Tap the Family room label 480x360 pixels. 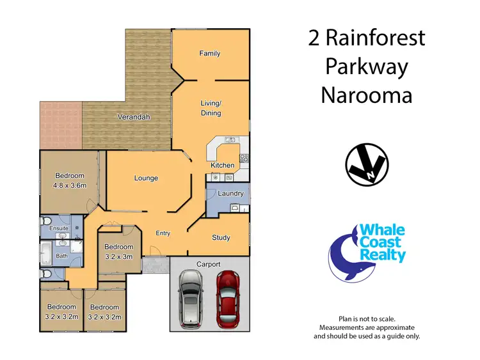209,54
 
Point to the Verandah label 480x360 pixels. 133,117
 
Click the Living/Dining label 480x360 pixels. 211,108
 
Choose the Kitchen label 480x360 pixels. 223,166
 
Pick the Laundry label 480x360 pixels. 230,193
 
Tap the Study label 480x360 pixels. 221,238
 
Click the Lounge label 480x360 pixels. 146,178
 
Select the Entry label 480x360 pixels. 163,233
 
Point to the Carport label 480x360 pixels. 209,264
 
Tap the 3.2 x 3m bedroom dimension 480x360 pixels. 118,256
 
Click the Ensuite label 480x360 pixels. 50,228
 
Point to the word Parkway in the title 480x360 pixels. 366,66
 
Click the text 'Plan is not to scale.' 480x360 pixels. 367,318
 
